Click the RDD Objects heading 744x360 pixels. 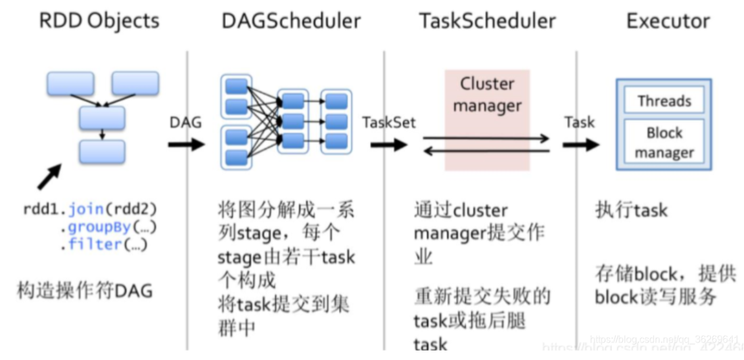click(x=99, y=20)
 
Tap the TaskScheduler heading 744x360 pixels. click(x=487, y=20)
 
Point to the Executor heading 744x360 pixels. click(x=668, y=20)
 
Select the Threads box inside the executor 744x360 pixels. click(x=664, y=102)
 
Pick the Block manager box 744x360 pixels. click(x=664, y=143)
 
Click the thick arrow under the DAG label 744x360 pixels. click(x=185, y=144)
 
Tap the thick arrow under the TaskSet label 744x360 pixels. click(x=388, y=144)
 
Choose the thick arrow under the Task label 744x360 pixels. click(x=580, y=144)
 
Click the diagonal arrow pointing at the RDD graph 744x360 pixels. click(x=48, y=177)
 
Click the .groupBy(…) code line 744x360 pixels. click(x=103, y=227)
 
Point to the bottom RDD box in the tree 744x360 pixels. click(x=102, y=152)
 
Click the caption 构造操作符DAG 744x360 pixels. click(x=85, y=291)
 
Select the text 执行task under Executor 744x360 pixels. click(x=631, y=210)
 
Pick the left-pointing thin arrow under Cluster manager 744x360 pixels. click(x=486, y=150)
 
